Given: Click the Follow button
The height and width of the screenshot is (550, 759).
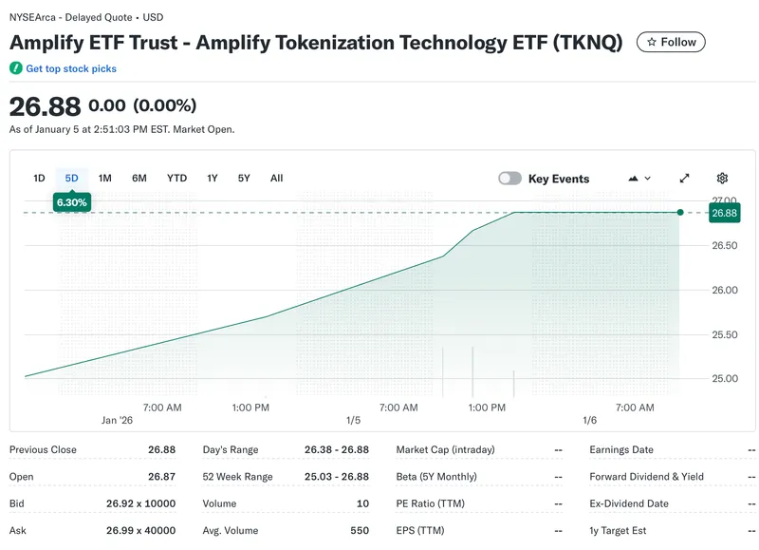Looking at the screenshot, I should tap(671, 42).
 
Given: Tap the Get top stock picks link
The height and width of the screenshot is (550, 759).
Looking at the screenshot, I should tap(71, 68).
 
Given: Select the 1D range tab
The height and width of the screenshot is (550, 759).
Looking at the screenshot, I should tap(39, 178).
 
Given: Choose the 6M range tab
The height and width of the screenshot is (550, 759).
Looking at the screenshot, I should tap(139, 178).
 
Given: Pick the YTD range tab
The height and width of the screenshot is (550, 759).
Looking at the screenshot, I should tap(176, 178).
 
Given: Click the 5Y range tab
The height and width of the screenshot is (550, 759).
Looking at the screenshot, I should tap(244, 178).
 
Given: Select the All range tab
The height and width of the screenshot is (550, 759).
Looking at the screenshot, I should tap(276, 178).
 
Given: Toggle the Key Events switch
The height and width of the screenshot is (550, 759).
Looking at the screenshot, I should tap(510, 179).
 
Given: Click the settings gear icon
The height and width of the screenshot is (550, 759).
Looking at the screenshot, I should tap(722, 178).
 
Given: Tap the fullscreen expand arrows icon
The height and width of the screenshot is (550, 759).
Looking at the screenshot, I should tap(685, 178).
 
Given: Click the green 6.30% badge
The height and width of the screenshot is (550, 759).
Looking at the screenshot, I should tap(72, 202).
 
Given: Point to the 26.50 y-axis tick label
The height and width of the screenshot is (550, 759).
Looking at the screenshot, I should tap(725, 246).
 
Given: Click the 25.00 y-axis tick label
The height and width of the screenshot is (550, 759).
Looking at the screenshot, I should tap(725, 379).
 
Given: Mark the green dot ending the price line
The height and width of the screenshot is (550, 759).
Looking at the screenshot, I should tap(680, 213).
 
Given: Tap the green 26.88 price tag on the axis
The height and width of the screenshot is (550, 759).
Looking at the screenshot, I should tap(725, 214).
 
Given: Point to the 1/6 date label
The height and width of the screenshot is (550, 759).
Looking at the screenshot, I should tap(589, 420).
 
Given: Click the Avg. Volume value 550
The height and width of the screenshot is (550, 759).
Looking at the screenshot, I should tap(360, 530).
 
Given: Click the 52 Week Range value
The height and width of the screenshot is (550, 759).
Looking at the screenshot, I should tap(337, 477).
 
